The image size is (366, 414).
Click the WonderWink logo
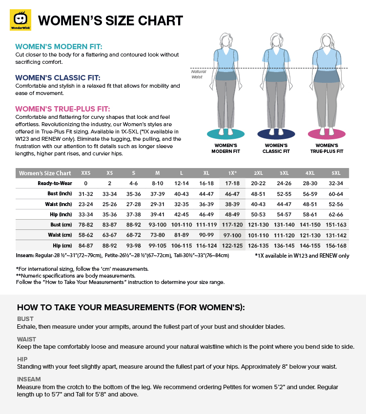pyautogui.click(x=20, y=20)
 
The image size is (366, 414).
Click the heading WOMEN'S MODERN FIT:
pyautogui.click(x=59, y=47)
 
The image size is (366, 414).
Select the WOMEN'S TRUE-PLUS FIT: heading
pyautogui.click(x=62, y=109)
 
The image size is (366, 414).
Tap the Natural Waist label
pyautogui.click(x=199, y=74)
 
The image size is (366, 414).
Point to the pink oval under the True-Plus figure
pyautogui.click(x=326, y=133)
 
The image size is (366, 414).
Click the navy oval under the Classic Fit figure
pyautogui.click(x=276, y=133)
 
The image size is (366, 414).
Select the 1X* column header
pyautogui.click(x=232, y=173)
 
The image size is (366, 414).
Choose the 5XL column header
pyautogui.click(x=336, y=173)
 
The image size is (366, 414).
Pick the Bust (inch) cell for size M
pyautogui.click(x=158, y=193)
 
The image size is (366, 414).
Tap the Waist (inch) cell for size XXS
pyautogui.click(x=86, y=204)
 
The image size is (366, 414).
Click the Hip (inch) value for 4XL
pyautogui.click(x=310, y=214)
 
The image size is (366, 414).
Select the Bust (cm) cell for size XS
pyautogui.click(x=110, y=225)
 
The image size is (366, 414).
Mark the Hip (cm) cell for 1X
pyautogui.click(x=232, y=245)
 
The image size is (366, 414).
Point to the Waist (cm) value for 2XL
pyautogui.click(x=258, y=235)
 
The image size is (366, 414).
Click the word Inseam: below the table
pyautogui.click(x=26, y=255)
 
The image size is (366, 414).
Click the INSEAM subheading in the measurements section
pyautogui.click(x=29, y=379)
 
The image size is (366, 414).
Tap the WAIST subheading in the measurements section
pyautogui.click(x=26, y=339)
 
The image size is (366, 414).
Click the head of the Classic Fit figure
pyautogui.click(x=276, y=39)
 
